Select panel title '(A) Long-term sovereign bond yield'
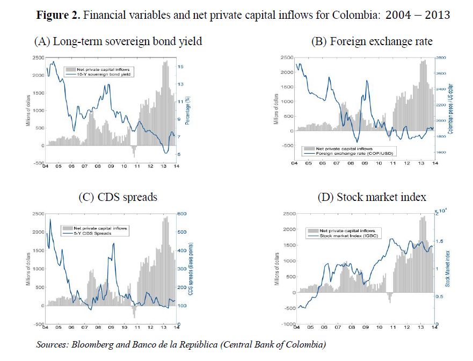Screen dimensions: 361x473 tap(118, 41)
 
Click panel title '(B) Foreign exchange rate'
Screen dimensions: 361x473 tap(372, 41)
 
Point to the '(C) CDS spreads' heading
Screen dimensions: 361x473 tap(118, 197)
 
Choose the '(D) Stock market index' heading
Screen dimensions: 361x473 tap(372, 197)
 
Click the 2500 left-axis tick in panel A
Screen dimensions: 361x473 tap(37, 57)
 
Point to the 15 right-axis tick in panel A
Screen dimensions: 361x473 tap(181, 67)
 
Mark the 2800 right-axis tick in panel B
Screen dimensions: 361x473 tap(440, 57)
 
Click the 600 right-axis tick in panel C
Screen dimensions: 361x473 tap(183, 214)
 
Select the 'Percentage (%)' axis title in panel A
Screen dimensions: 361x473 tap(188, 111)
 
